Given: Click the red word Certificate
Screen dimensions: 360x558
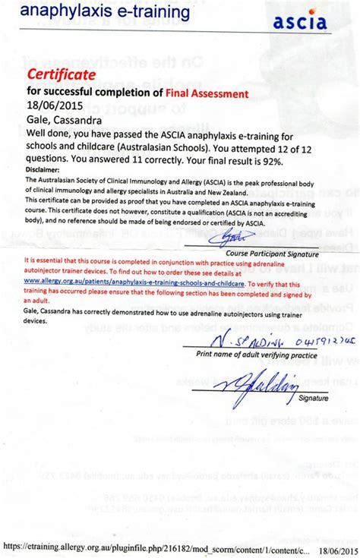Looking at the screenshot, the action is click(61, 74).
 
